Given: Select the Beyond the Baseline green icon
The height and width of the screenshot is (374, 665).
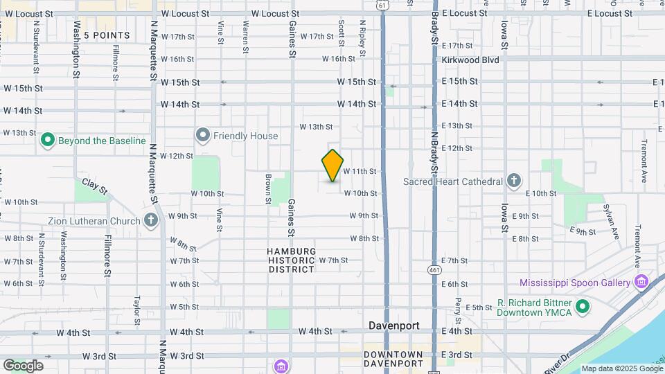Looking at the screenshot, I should coord(48,141).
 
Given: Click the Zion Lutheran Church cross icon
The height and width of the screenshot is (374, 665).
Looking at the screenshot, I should coord(152,222).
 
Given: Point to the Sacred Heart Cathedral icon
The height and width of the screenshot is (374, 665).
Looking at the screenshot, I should coord(513,181).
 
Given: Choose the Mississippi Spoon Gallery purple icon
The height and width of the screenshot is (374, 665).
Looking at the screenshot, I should coord(641,282).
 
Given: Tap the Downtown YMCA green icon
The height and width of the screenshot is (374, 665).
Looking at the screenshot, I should coord(583,306).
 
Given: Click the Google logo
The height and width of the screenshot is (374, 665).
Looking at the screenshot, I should coord(23,366).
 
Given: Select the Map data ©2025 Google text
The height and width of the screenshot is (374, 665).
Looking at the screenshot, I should coord(621,368).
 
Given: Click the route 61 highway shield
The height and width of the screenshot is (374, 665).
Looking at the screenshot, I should coord(383,4).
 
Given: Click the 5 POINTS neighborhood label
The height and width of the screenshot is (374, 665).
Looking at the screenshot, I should coord(107,35).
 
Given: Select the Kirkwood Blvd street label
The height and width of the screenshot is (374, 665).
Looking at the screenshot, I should coord(470,60).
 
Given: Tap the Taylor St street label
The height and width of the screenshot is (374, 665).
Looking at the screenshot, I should coord(137,305).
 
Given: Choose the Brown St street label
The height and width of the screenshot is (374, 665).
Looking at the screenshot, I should coord(267,188).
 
